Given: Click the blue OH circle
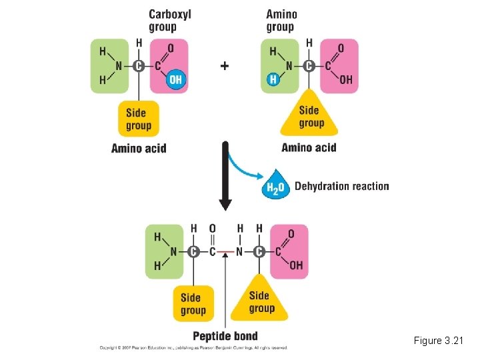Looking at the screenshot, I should pyautogui.click(x=175, y=80).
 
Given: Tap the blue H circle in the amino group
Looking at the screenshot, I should pyautogui.click(x=273, y=80).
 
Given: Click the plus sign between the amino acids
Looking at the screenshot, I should pyautogui.click(x=225, y=65).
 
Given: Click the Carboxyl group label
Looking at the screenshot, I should pyautogui.click(x=169, y=21).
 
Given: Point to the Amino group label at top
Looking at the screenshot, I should pyautogui.click(x=281, y=21).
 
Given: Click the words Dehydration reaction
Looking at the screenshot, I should pyautogui.click(x=341, y=186).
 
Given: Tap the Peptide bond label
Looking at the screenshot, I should pyautogui.click(x=225, y=336).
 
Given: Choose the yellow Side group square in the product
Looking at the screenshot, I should pyautogui.click(x=193, y=303).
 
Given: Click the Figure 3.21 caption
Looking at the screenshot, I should pyautogui.click(x=437, y=341).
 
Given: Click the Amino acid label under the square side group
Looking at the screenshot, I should pyautogui.click(x=139, y=148).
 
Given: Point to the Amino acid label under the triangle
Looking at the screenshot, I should pyautogui.click(x=309, y=147).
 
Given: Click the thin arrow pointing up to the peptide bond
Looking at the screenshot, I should pyautogui.click(x=227, y=293).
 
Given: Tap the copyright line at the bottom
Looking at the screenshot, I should pyautogui.click(x=193, y=348).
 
